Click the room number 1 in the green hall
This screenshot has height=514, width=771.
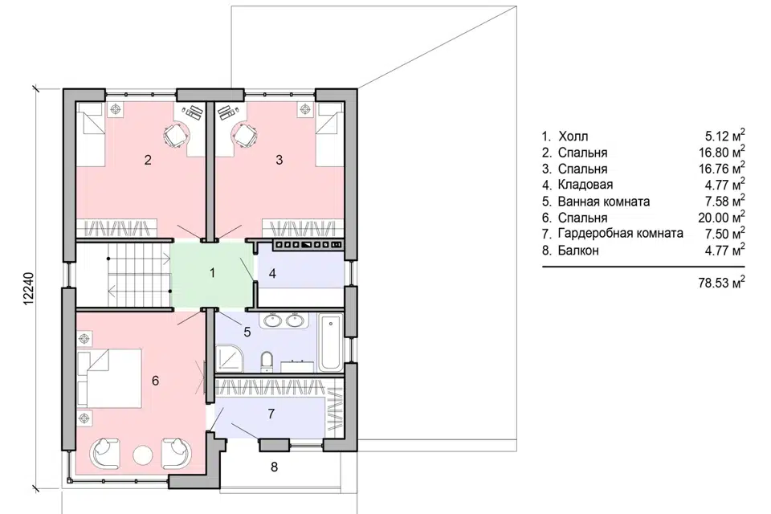(212, 272)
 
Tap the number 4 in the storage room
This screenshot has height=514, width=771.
(272, 274)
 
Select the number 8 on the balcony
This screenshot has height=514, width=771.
(275, 467)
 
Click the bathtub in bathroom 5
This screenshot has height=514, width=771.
(330, 343)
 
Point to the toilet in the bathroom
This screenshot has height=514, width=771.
(267, 361)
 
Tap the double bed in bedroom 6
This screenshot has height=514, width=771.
(110, 378)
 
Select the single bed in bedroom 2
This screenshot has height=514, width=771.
(89, 119)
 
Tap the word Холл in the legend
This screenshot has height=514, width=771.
(573, 137)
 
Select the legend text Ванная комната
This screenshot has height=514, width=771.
(604, 202)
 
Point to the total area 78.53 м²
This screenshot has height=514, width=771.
(721, 283)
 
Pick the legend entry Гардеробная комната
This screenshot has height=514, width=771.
(621, 234)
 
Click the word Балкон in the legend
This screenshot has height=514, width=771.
(578, 251)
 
